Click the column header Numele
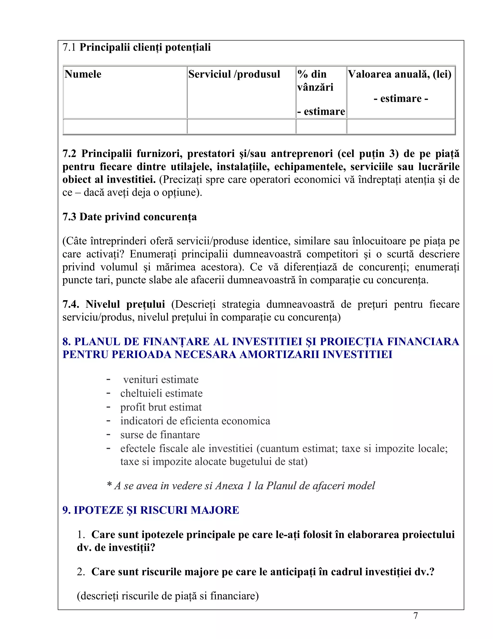83,74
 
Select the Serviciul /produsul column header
234,74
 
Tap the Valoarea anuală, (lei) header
400,74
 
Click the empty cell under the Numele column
125,127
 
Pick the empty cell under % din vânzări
321,127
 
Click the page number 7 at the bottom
415,616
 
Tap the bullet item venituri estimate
161,380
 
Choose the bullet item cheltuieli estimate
161,393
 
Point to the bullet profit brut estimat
161,407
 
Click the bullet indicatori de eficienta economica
195,421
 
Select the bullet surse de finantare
160,435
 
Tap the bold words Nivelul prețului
125,304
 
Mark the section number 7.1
69,48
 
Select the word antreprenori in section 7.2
302,154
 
